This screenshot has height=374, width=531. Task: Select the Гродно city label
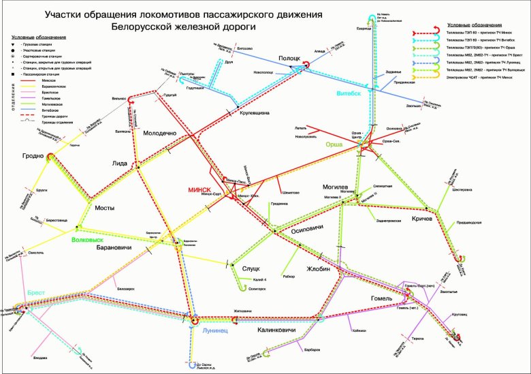pos(33,155)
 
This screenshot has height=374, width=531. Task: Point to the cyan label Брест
pos(36,292)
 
